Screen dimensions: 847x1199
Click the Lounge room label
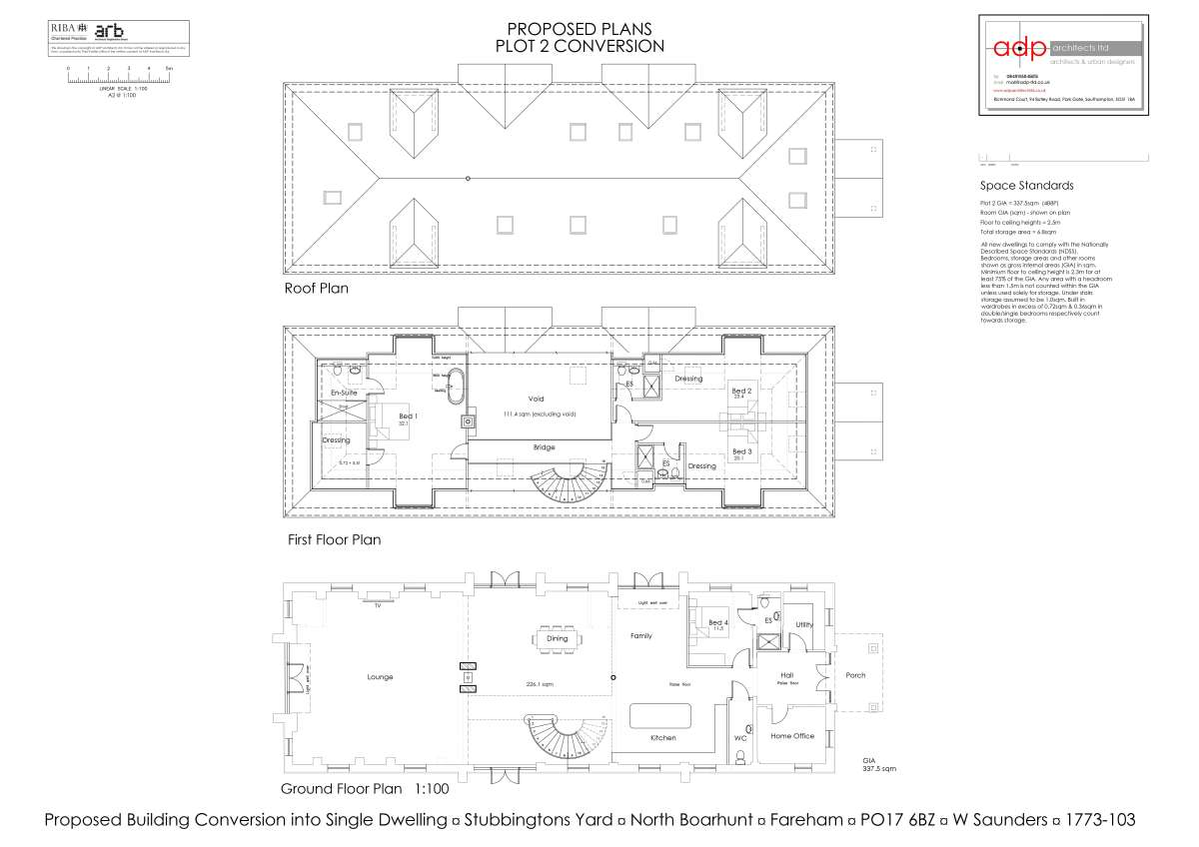click(380, 677)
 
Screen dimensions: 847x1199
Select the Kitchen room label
click(662, 738)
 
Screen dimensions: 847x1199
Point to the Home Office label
click(792, 736)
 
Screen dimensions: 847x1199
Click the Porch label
click(856, 675)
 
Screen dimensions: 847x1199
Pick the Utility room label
click(804, 625)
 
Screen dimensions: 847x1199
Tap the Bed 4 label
click(717, 623)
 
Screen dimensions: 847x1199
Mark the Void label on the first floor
click(536, 399)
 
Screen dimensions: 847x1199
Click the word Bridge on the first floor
click(544, 447)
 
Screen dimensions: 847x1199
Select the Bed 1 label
click(407, 417)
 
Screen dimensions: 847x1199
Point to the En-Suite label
click(344, 394)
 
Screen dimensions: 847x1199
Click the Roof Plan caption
click(316, 289)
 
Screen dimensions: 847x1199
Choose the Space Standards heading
click(1026, 186)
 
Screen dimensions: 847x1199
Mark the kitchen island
click(660, 715)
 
